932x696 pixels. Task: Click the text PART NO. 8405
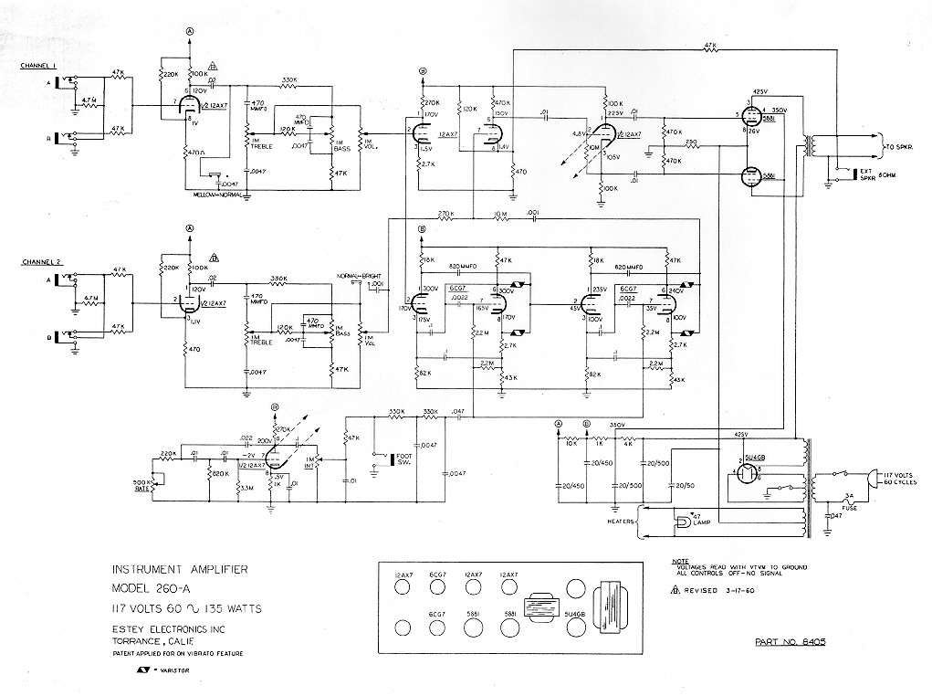click(791, 643)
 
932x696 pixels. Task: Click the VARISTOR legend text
click(173, 671)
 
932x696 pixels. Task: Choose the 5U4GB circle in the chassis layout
click(574, 628)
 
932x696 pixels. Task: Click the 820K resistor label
click(220, 473)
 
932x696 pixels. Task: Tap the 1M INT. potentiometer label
click(312, 463)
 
